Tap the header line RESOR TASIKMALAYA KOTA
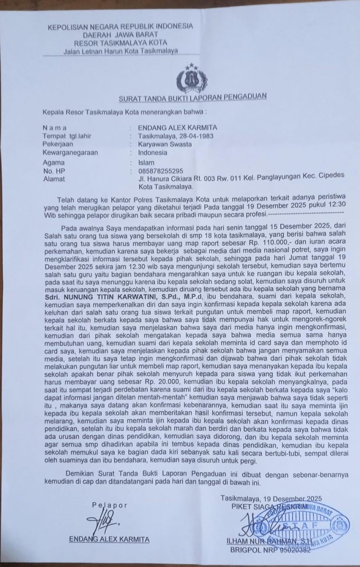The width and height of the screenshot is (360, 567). pyautogui.click(x=118, y=42)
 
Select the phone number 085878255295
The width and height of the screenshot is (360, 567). pyautogui.click(x=160, y=171)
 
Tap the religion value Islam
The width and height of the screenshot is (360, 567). pyautogui.click(x=146, y=162)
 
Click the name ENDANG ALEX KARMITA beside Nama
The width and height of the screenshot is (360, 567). pyautogui.click(x=177, y=128)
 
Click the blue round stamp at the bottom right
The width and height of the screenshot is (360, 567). pyautogui.click(x=307, y=523)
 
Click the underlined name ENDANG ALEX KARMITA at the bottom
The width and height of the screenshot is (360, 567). pyautogui.click(x=109, y=539)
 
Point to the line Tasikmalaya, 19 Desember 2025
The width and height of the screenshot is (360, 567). pyautogui.click(x=271, y=498)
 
